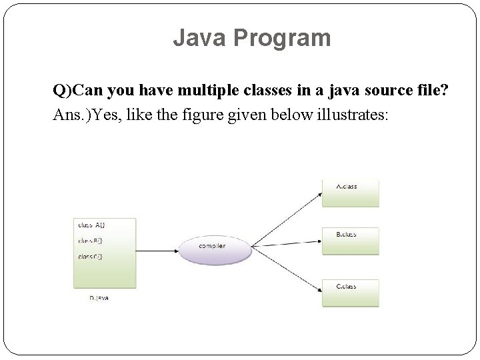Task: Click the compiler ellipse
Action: coord(214,248)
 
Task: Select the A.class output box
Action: coord(350,193)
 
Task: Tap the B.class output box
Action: coord(350,241)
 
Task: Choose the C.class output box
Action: coord(350,293)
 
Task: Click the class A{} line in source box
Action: coord(91,224)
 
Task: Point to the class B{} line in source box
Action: coord(91,240)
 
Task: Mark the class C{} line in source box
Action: coord(91,256)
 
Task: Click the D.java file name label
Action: coord(99,298)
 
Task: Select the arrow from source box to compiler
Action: coord(157,250)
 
